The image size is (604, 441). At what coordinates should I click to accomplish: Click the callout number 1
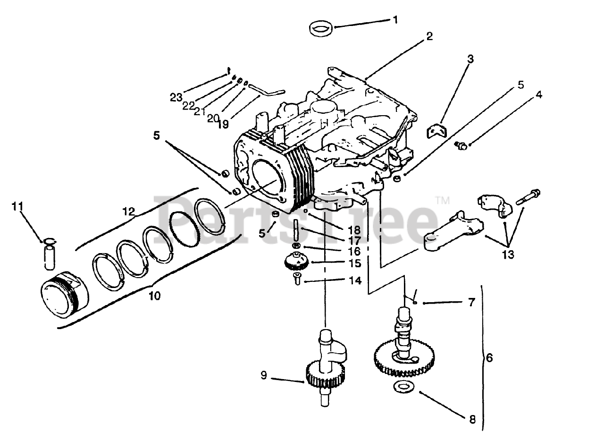tap(395, 20)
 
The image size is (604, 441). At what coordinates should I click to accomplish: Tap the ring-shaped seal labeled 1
tap(322, 28)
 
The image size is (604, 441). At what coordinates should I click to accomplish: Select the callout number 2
tap(428, 36)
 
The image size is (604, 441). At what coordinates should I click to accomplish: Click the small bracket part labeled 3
tap(437, 130)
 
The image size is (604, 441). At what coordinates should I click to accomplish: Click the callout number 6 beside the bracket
tap(489, 358)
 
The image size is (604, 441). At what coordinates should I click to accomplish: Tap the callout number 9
tap(264, 376)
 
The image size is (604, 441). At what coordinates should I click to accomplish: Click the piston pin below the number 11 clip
tap(50, 257)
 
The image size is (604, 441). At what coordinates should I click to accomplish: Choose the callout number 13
tap(508, 255)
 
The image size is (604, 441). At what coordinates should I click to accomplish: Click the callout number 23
tap(176, 98)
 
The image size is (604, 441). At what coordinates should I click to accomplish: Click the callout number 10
tap(154, 296)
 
